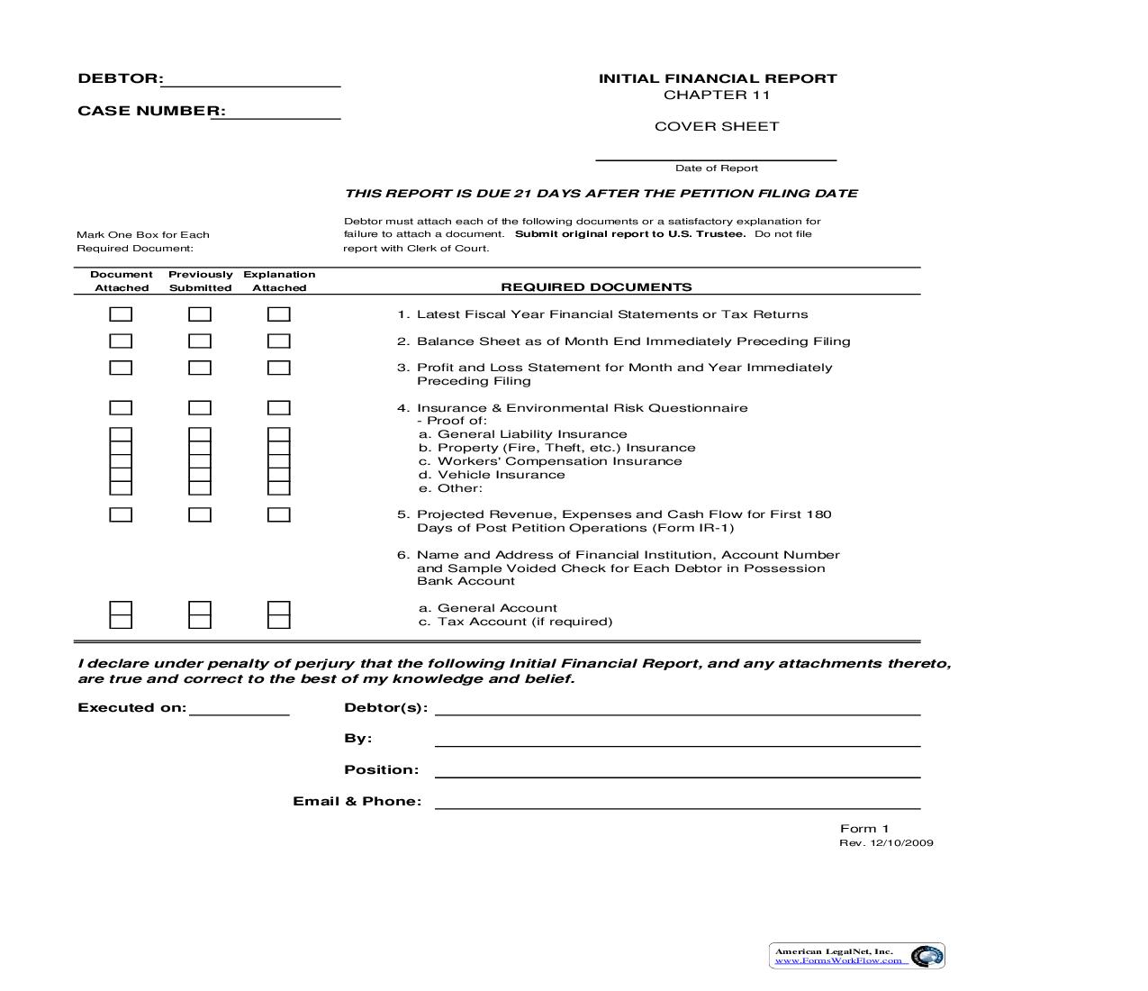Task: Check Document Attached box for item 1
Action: pos(121,314)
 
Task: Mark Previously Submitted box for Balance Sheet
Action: pos(200,341)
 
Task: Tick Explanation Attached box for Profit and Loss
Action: pos(279,368)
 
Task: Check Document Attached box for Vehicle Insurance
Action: pos(121,475)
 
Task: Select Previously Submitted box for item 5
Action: pos(200,514)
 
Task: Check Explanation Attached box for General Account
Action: pos(279,609)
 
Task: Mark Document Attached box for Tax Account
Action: pos(121,622)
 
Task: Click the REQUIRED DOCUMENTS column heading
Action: pos(596,287)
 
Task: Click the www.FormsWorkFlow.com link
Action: pos(838,960)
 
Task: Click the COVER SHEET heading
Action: pos(717,127)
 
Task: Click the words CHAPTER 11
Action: pos(717,95)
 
